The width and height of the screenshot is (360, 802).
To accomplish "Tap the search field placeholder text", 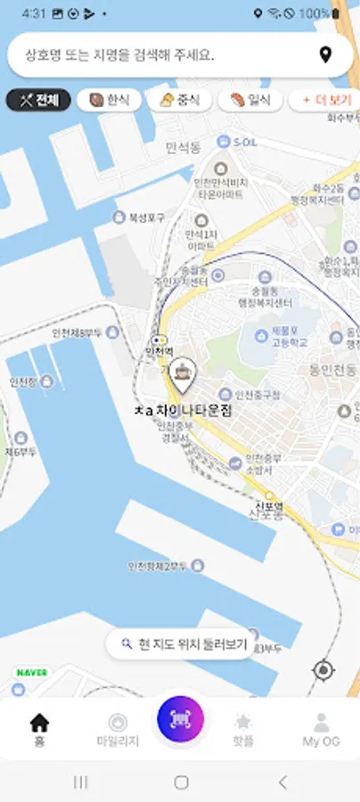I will point(119,55).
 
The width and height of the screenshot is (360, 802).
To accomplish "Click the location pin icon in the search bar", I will point(325,55).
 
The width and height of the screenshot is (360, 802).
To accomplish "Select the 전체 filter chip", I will point(38,100).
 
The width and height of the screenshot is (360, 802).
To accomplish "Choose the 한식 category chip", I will point(109,100).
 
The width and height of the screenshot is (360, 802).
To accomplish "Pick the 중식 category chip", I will point(178,100).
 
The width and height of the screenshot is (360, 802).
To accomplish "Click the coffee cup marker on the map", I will point(183,375).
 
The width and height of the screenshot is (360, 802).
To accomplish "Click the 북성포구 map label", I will point(135,217).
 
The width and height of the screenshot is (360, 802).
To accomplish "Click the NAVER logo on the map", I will point(31,672).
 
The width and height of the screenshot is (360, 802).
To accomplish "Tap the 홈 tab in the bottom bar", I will point(39,728).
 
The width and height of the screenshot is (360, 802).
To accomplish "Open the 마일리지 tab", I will point(118,728).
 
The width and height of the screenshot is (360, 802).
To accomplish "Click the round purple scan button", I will point(180,719).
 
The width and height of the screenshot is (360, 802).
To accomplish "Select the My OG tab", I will point(321,728).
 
